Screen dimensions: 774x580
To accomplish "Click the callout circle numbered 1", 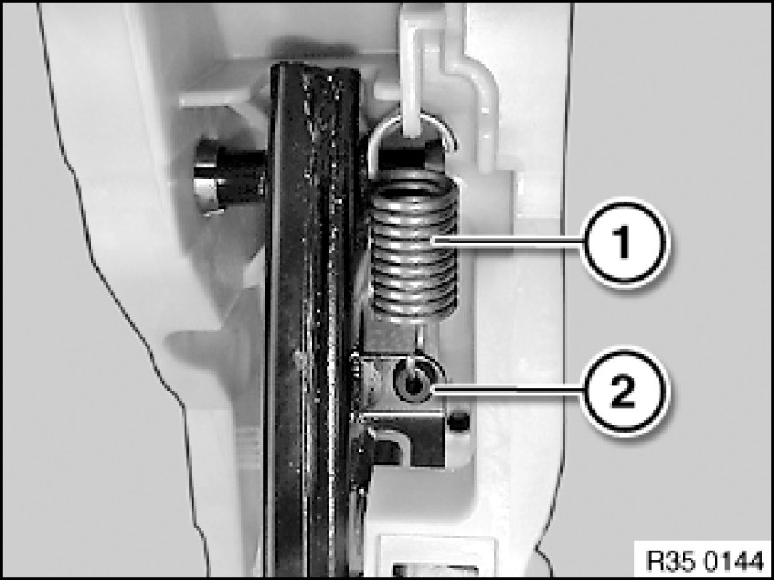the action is [624, 242].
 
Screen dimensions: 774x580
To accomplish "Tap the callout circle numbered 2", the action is [624, 392].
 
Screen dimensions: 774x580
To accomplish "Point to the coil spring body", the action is [414, 244].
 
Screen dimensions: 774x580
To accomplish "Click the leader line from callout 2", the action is [508, 390].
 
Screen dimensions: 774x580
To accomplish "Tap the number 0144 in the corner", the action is [733, 561].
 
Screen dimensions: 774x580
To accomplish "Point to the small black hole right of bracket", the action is [460, 421].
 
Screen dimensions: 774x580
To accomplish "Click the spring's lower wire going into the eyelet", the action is [419, 341].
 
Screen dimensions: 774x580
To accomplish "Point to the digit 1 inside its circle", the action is [624, 242].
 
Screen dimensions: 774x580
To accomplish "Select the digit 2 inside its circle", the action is [624, 392].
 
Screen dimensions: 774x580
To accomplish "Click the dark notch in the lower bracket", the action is [390, 450].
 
